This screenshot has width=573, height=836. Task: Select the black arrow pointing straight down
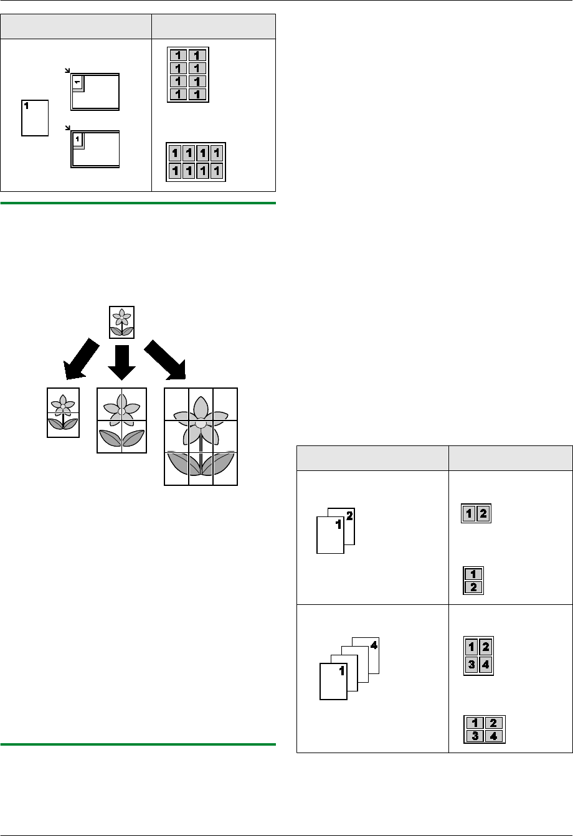121,360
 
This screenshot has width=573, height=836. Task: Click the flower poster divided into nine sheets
201,436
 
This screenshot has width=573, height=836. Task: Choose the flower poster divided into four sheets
121,420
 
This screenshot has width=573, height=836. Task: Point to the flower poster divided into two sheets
63,412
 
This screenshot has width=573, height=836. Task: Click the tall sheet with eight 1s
187,75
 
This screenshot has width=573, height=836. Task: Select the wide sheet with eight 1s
195,162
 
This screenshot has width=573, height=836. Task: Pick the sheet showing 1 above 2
475,580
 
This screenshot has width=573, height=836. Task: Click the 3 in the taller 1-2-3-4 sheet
472,665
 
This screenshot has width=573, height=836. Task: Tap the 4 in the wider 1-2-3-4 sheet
493,734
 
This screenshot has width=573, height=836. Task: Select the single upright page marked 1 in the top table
35,117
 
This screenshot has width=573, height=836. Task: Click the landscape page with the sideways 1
95,92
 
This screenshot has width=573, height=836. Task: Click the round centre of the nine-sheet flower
201,424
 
